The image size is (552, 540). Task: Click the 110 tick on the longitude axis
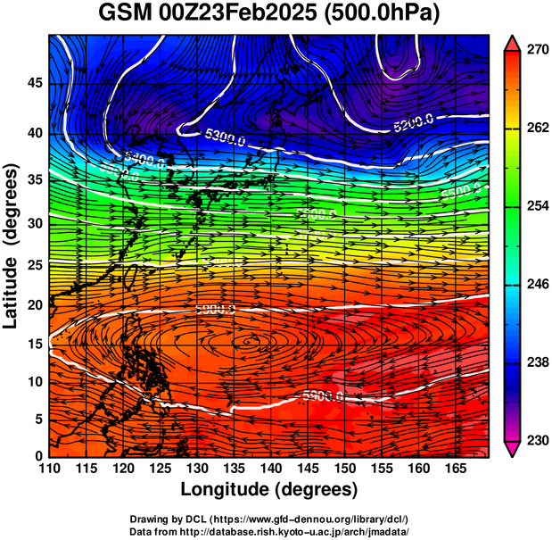[x=50, y=469]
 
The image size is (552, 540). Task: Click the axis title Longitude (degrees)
[x=269, y=489]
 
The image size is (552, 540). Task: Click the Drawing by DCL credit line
[x=269, y=519]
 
